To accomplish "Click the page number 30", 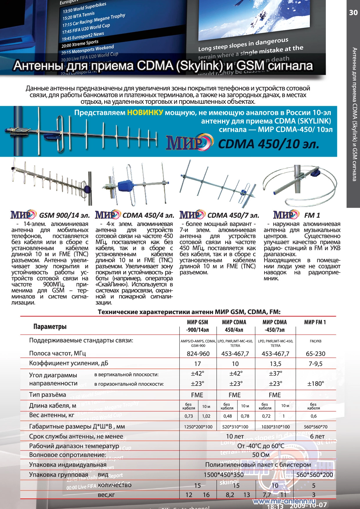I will pyautogui.click(x=353, y=12).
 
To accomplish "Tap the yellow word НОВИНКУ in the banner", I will pyautogui.click(x=145, y=113).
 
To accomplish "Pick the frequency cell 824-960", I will pyautogui.click(x=198, y=354).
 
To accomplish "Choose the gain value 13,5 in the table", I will pyautogui.click(x=275, y=364).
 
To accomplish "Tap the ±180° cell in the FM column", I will pyautogui.click(x=316, y=384).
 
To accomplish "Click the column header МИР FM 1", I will pyautogui.click(x=315, y=322).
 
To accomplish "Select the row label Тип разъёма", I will pyautogui.click(x=48, y=395).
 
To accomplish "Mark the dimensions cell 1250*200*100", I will pyautogui.click(x=198, y=427).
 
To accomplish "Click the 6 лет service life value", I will pyautogui.click(x=317, y=436).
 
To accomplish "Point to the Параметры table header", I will pyautogui.click(x=50, y=327).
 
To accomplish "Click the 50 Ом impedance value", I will pyautogui.click(x=260, y=455).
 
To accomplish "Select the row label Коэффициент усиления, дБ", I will pyautogui.click(x=69, y=363).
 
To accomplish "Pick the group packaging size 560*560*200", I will pyautogui.click(x=315, y=475).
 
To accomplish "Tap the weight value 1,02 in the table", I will pyautogui.click(x=206, y=416).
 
